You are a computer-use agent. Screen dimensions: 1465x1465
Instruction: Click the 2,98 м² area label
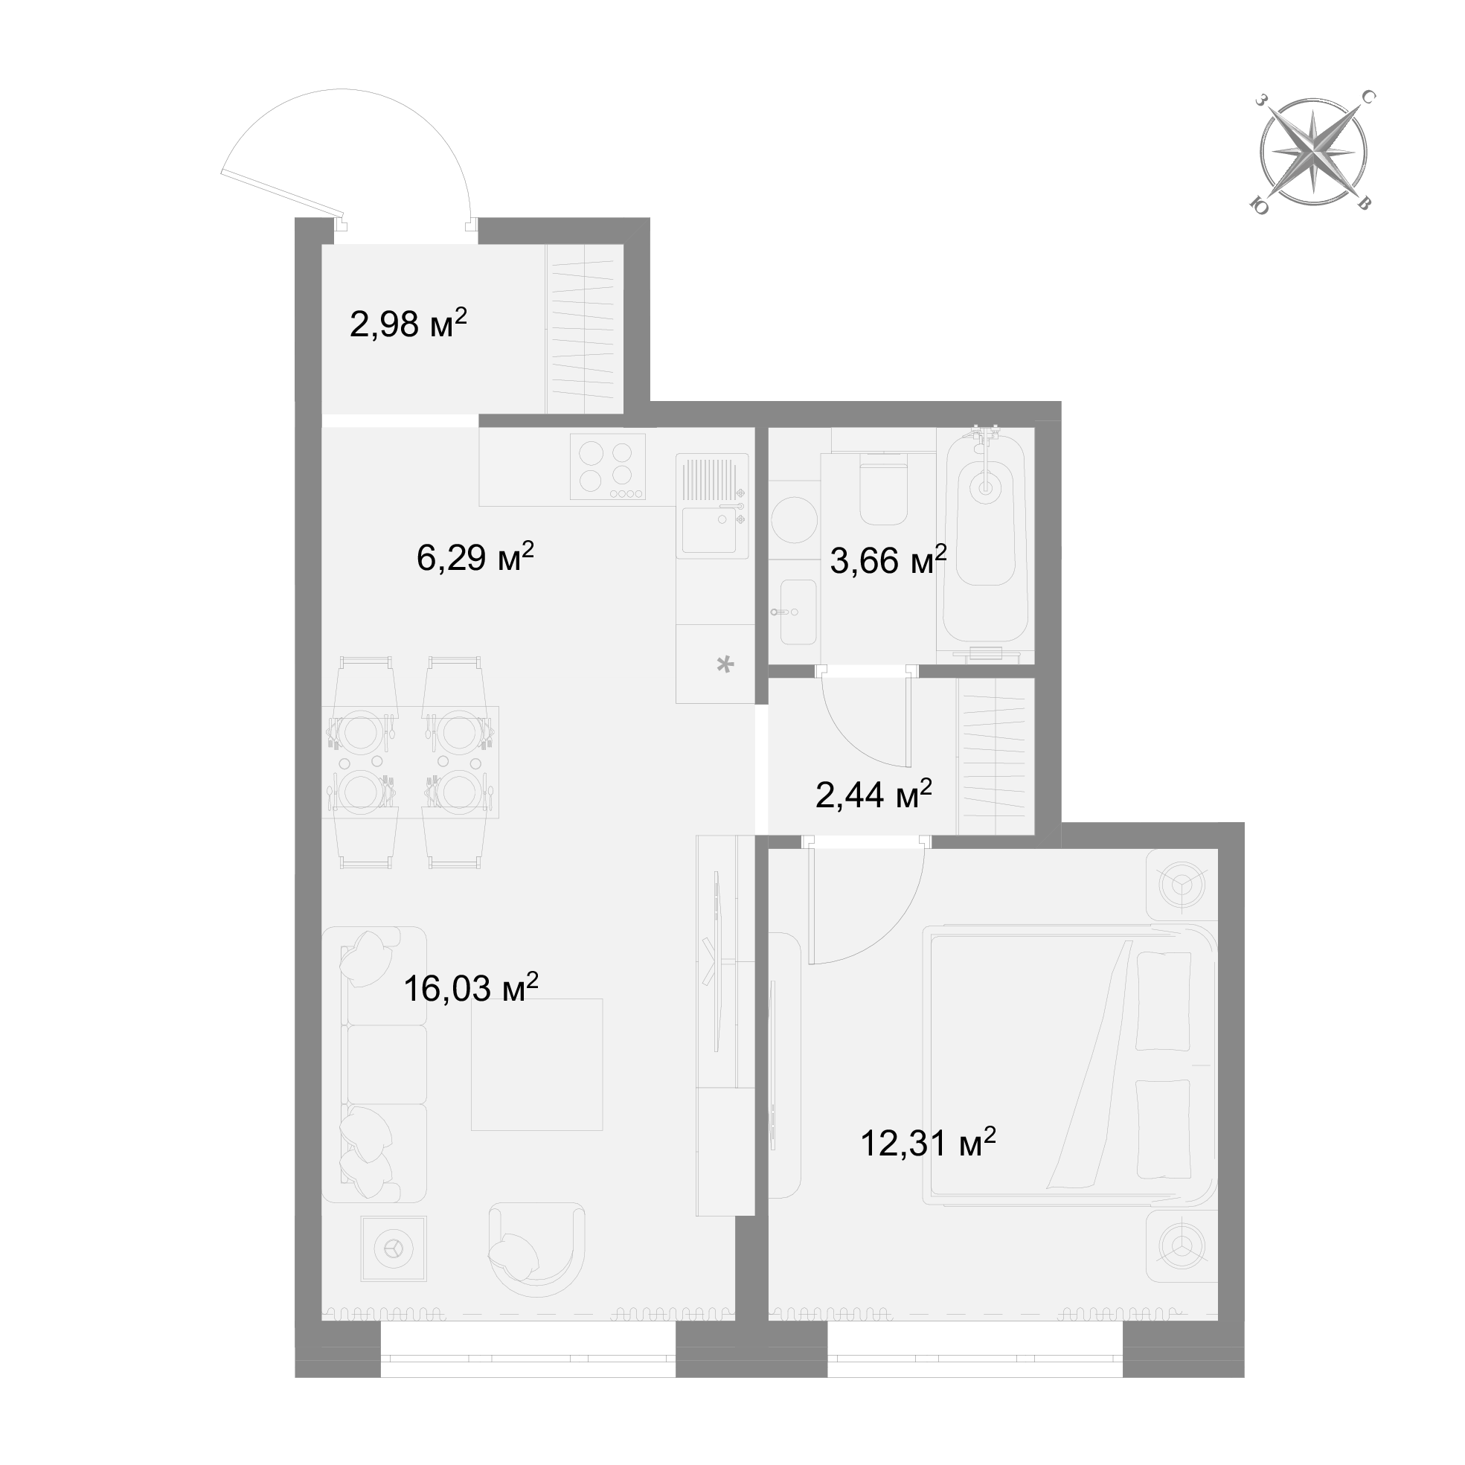[408, 324]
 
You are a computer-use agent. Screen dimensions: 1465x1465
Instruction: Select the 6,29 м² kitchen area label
[475, 557]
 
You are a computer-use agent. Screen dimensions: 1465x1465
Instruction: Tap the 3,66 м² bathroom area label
[888, 560]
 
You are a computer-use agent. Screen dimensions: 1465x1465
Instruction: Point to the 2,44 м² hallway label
[873, 795]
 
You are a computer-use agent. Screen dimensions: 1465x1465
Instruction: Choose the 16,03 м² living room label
[471, 988]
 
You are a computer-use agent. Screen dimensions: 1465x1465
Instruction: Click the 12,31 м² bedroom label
[928, 1143]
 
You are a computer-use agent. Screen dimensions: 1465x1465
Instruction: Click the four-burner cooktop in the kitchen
[608, 467]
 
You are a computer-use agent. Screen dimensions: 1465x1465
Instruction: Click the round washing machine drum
[794, 519]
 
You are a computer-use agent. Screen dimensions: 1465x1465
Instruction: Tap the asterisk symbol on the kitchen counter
[725, 665]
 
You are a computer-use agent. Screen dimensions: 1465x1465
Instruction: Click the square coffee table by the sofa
[537, 1065]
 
